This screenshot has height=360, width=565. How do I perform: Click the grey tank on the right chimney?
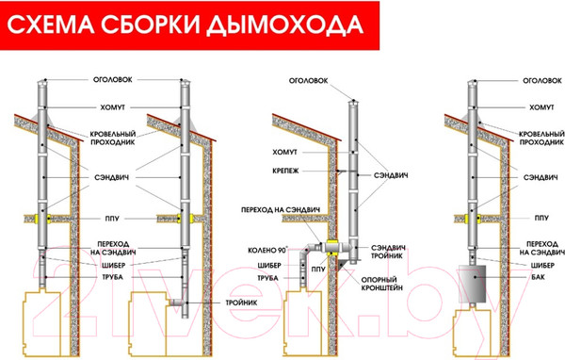pos(477,282)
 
